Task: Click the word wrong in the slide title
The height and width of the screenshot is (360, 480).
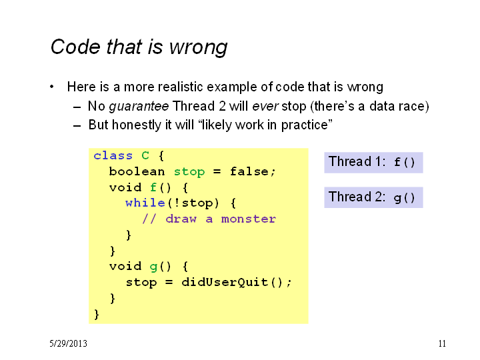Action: (199, 47)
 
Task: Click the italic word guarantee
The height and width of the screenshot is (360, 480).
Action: (139, 107)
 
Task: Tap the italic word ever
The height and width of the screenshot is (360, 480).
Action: (265, 106)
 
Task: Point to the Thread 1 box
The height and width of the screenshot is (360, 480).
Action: (373, 163)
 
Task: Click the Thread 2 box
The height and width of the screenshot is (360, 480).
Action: (373, 197)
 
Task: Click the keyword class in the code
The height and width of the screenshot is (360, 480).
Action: (113, 155)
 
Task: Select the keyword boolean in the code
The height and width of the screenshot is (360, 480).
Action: (137, 171)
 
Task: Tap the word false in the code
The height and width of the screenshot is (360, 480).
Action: (249, 171)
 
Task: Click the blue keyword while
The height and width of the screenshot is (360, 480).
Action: (145, 203)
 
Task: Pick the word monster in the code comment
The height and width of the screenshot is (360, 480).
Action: (249, 219)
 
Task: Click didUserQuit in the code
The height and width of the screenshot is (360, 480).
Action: (225, 282)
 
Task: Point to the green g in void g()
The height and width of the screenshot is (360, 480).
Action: (153, 267)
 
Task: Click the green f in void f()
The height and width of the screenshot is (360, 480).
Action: (153, 187)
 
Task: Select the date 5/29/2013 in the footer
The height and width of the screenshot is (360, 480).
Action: (68, 343)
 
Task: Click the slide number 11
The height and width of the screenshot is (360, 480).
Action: (442, 343)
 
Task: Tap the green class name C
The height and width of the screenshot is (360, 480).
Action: (145, 155)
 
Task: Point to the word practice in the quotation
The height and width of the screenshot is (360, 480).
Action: (305, 125)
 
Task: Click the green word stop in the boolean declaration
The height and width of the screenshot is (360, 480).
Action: (189, 172)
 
